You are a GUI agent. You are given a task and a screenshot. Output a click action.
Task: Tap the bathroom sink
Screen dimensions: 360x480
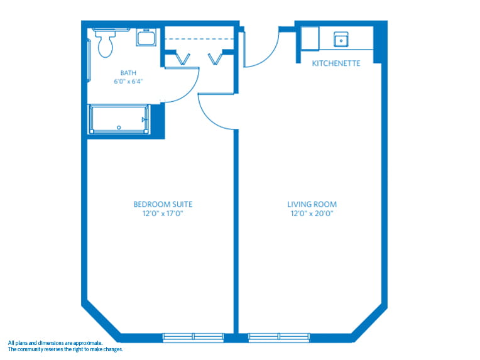point(147,38)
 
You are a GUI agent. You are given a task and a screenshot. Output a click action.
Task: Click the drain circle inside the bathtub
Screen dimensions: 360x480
point(118,128)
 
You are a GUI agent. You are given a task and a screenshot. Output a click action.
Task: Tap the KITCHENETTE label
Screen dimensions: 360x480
point(336,63)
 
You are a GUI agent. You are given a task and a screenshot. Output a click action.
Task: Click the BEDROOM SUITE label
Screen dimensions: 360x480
point(163,204)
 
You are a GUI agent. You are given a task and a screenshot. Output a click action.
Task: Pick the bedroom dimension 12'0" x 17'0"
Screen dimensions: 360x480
point(163,214)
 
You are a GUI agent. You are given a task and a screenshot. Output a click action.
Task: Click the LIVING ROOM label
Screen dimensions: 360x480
point(312,204)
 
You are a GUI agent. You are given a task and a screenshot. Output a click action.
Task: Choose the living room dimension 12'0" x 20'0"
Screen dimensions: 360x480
point(312,214)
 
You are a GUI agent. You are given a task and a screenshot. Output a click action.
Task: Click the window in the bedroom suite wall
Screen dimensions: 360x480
point(193,337)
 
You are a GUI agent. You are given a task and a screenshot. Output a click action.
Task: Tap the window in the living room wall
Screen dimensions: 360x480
point(278,337)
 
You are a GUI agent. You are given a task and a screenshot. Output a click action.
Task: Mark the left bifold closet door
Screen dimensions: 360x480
point(183,59)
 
